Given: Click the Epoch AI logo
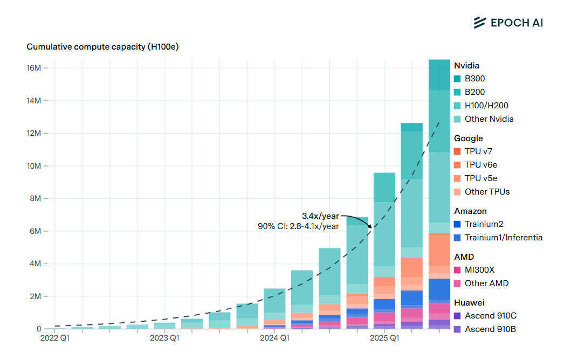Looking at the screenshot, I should coord(508,22).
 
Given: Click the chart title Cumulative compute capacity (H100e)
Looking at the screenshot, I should coord(102,47).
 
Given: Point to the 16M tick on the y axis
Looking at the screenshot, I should coord(33,68).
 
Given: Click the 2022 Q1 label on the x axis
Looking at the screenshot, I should coord(55,338).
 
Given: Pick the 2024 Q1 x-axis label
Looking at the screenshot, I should coord(274,338).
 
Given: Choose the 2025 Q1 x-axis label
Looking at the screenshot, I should coord(384,338).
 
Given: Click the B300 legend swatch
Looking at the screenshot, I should coord(457,79).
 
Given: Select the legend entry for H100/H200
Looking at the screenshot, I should coord(486,106).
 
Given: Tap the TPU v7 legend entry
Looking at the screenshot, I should coord(478,151).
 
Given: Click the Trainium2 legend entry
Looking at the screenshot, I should coord(484,224).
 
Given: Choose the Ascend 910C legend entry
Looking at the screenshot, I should coord(490,316).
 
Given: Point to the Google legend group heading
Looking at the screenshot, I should coord(468,139).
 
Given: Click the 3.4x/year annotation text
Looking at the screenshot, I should coord(320,216).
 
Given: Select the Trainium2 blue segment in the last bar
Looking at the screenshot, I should coord(439,289).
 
